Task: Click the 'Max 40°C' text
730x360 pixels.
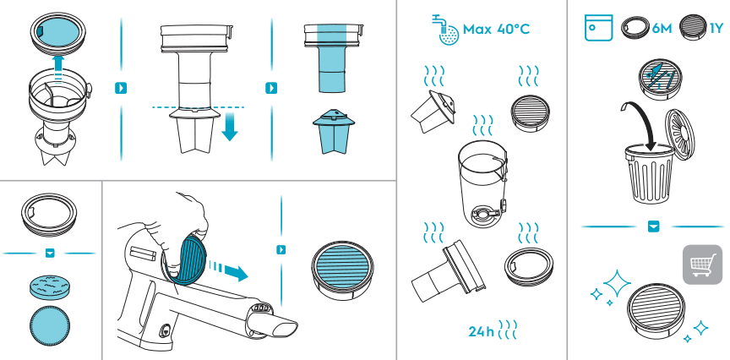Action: click(x=496, y=30)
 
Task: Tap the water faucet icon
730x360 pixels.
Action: click(x=445, y=30)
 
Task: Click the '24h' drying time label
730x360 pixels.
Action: click(x=481, y=331)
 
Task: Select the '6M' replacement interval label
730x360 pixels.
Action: click(x=662, y=29)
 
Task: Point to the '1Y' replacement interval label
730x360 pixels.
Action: click(x=716, y=29)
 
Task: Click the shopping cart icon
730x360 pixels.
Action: click(x=702, y=265)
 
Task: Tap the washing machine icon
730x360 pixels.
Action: click(x=598, y=28)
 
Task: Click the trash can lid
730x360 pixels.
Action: click(x=679, y=134)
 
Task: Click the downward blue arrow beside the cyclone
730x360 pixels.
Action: click(x=230, y=125)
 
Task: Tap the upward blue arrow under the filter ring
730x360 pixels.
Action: click(x=57, y=69)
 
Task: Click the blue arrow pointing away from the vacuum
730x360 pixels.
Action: click(x=230, y=271)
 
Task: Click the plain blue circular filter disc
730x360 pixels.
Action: click(x=50, y=326)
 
